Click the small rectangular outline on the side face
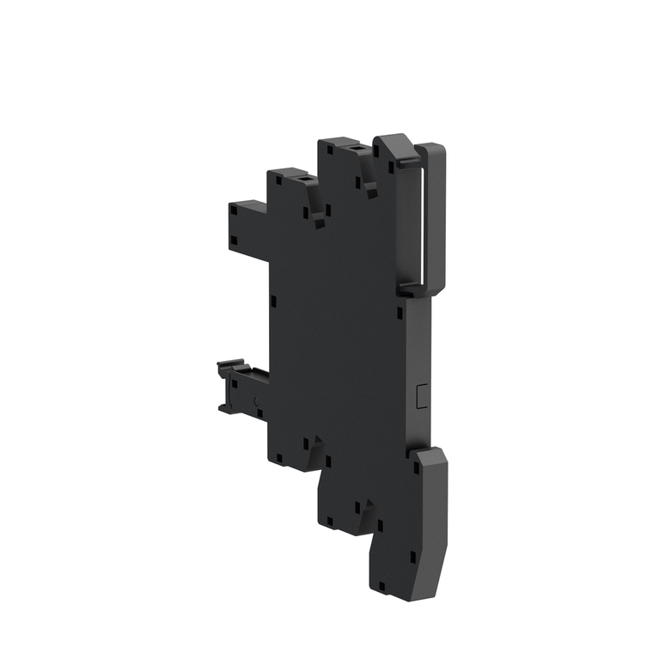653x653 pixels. pos(419,395)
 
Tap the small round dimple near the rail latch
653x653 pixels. pos(258,401)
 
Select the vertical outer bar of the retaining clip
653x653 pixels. pos(436,219)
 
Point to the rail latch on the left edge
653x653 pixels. pos(234,387)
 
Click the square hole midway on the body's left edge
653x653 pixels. pos(272,301)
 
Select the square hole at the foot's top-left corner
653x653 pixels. pos(417,469)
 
